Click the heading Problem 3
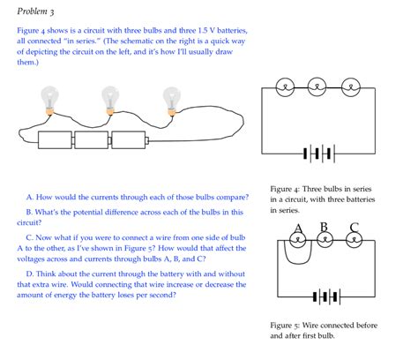coord(34,11)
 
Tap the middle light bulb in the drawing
coord(110,98)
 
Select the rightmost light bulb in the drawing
coord(169,98)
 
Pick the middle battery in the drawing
coord(92,140)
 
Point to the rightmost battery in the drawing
coord(129,140)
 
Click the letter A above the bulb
coord(297,228)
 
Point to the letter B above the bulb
coord(324,227)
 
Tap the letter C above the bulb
coord(353,228)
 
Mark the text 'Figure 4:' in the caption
coord(287,190)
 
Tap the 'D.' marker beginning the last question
coord(31,274)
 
